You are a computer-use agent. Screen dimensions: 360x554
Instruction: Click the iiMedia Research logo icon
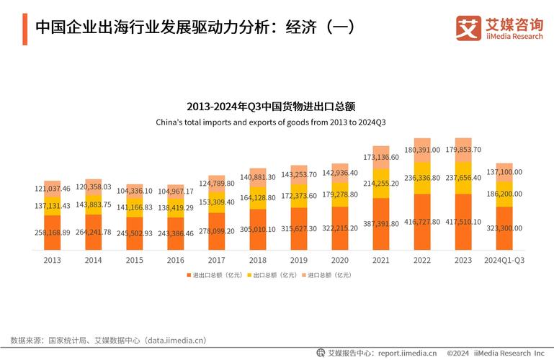point(468,28)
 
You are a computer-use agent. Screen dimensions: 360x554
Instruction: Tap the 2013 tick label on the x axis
point(53,259)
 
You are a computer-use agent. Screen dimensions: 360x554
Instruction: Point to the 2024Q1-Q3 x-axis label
point(504,259)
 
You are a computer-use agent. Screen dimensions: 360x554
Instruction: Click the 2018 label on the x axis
point(258,259)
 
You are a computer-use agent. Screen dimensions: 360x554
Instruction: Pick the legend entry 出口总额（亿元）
point(272,275)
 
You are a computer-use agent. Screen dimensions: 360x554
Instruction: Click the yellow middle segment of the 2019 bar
point(298,196)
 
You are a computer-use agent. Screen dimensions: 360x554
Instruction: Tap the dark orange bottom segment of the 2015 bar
point(135,234)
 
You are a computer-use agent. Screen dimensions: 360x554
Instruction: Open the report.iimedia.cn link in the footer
point(407,353)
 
